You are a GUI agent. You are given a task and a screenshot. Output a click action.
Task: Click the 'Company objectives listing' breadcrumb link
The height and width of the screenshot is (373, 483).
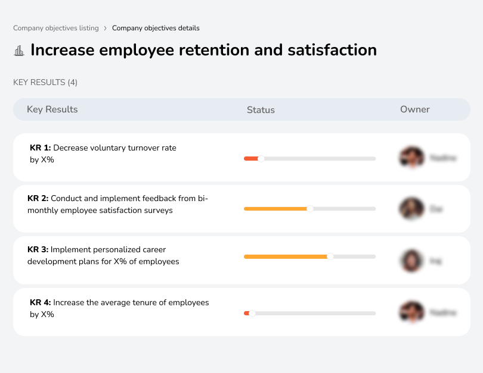(x=55, y=28)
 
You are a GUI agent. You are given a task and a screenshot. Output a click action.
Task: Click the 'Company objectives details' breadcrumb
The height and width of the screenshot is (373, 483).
(x=156, y=28)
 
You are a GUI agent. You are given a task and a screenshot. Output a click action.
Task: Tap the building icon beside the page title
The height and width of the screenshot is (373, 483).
(x=19, y=51)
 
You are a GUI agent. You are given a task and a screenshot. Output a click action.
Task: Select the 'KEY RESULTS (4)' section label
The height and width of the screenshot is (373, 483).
(x=45, y=82)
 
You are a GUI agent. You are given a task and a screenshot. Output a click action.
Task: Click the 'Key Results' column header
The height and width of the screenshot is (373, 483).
(x=52, y=109)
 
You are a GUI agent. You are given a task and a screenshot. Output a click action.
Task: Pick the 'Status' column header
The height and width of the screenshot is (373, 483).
(x=261, y=110)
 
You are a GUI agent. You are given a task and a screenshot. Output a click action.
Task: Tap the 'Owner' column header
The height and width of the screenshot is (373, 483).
(x=414, y=109)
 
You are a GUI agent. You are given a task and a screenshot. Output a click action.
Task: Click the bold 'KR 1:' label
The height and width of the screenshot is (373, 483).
(x=40, y=148)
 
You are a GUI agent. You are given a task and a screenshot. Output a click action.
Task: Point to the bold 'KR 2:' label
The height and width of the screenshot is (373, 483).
(x=38, y=199)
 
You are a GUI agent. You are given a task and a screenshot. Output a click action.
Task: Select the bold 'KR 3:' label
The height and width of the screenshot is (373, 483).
(x=38, y=250)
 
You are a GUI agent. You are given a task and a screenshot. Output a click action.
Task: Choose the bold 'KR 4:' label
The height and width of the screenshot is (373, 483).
(x=40, y=302)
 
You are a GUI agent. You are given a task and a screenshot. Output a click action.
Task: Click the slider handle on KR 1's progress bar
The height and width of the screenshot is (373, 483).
(x=261, y=158)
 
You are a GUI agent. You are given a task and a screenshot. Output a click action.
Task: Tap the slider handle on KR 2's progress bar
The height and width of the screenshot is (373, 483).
(x=309, y=209)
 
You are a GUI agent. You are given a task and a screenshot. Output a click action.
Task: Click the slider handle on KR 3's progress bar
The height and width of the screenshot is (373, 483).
(x=330, y=256)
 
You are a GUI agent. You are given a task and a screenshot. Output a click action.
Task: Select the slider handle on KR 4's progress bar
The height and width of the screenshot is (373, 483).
(x=252, y=313)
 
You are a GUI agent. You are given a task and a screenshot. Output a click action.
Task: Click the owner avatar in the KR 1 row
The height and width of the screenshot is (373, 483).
(x=411, y=158)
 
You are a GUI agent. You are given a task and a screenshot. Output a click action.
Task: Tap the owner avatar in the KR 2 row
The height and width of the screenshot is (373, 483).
(x=411, y=209)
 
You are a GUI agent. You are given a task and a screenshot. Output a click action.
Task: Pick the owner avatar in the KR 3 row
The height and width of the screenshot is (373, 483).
(x=411, y=261)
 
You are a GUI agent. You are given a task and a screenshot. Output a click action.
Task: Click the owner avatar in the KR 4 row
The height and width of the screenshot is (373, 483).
(x=411, y=312)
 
